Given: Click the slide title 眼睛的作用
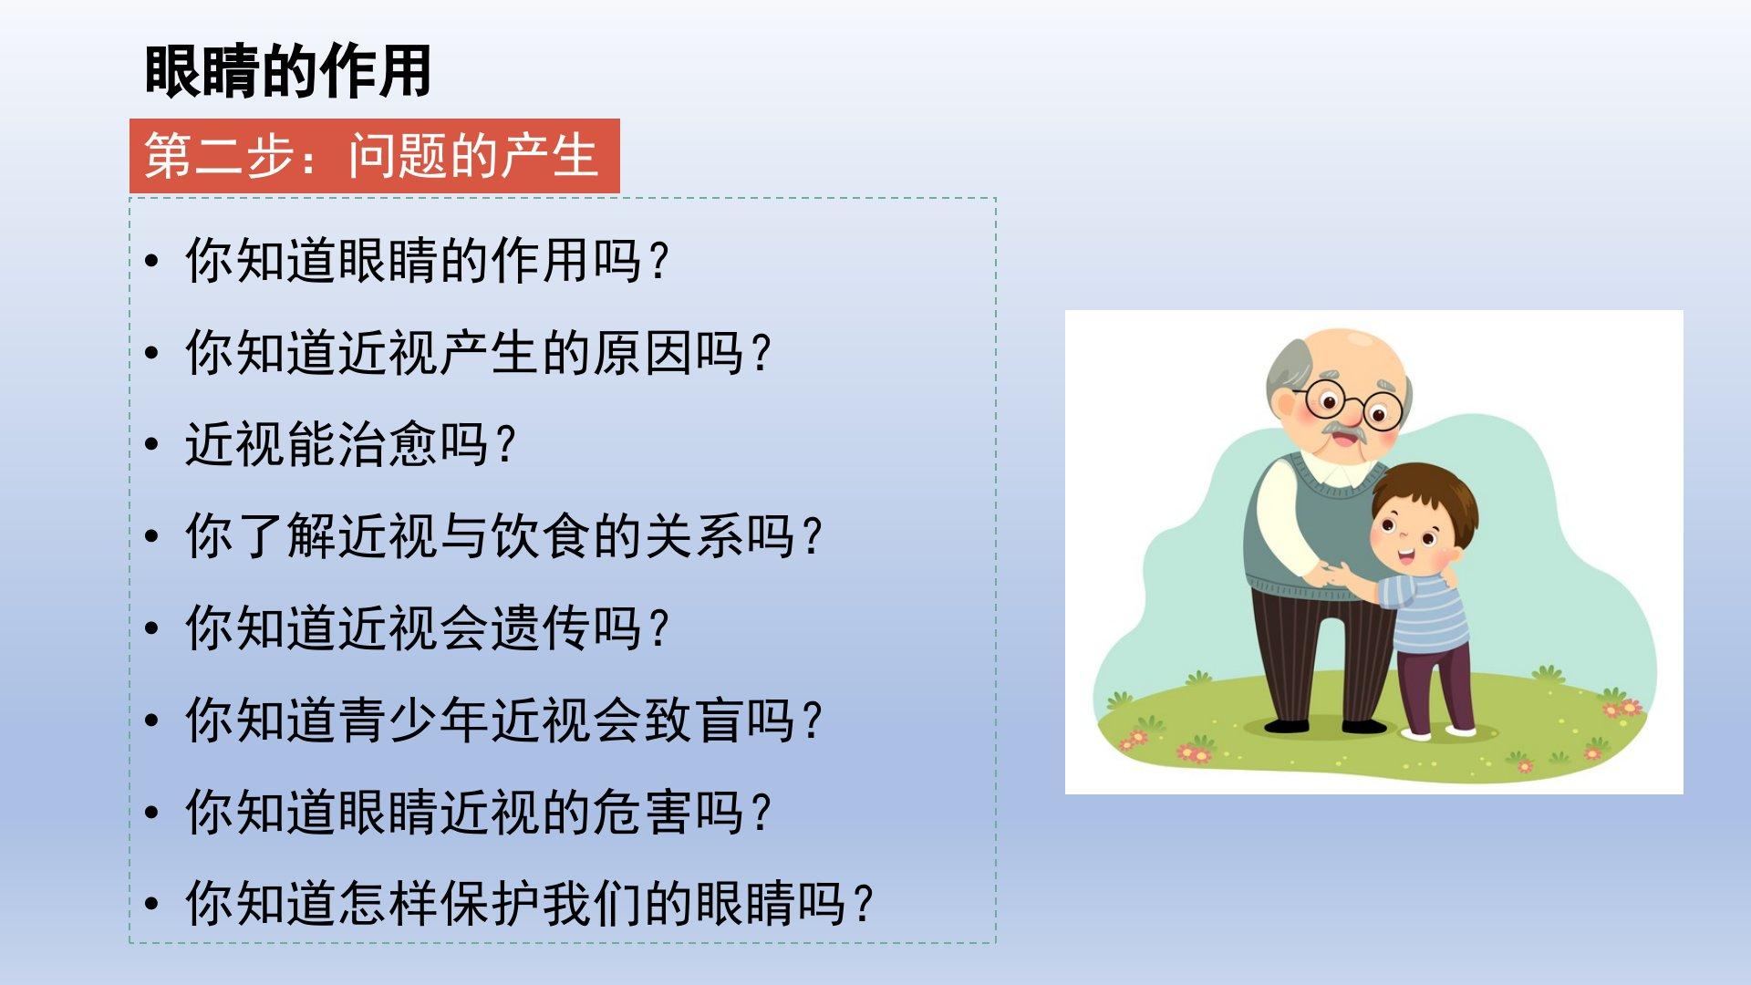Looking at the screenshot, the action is tap(287, 71).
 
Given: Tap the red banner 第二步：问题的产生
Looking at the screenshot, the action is tap(374, 156).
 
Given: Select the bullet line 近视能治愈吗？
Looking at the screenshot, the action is tap(351, 445).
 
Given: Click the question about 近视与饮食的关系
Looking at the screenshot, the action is tap(504, 536).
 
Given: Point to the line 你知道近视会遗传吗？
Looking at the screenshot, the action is tap(428, 628).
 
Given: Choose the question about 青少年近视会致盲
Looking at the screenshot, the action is tap(504, 721).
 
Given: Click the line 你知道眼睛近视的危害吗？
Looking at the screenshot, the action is tap(479, 813).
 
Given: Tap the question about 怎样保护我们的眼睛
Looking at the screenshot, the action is tap(530, 904).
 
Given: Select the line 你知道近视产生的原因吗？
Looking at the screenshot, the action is tap(479, 353).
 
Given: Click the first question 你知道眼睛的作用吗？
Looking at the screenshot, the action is tap(428, 261).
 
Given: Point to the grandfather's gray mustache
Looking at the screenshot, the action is tap(1342, 429).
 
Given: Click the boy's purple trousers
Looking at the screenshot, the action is tap(1435, 684).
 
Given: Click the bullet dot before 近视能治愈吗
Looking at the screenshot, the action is tap(151, 446).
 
